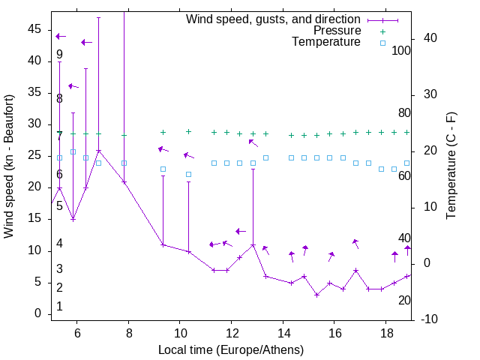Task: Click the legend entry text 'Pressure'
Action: click(337, 31)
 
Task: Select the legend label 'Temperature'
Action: click(326, 42)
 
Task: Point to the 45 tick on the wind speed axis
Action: click(34, 28)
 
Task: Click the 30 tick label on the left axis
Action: click(34, 124)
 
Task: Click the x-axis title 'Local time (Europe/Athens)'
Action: click(231, 349)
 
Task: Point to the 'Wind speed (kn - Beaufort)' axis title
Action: click(9, 166)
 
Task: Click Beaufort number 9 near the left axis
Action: click(59, 55)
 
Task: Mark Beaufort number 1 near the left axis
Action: click(59, 307)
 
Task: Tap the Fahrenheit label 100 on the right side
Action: click(402, 51)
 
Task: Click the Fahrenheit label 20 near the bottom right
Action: click(404, 300)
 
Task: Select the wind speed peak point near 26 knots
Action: click(98, 150)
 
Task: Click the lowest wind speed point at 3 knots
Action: click(316, 295)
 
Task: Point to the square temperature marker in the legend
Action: click(382, 43)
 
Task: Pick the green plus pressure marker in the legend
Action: click(382, 31)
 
